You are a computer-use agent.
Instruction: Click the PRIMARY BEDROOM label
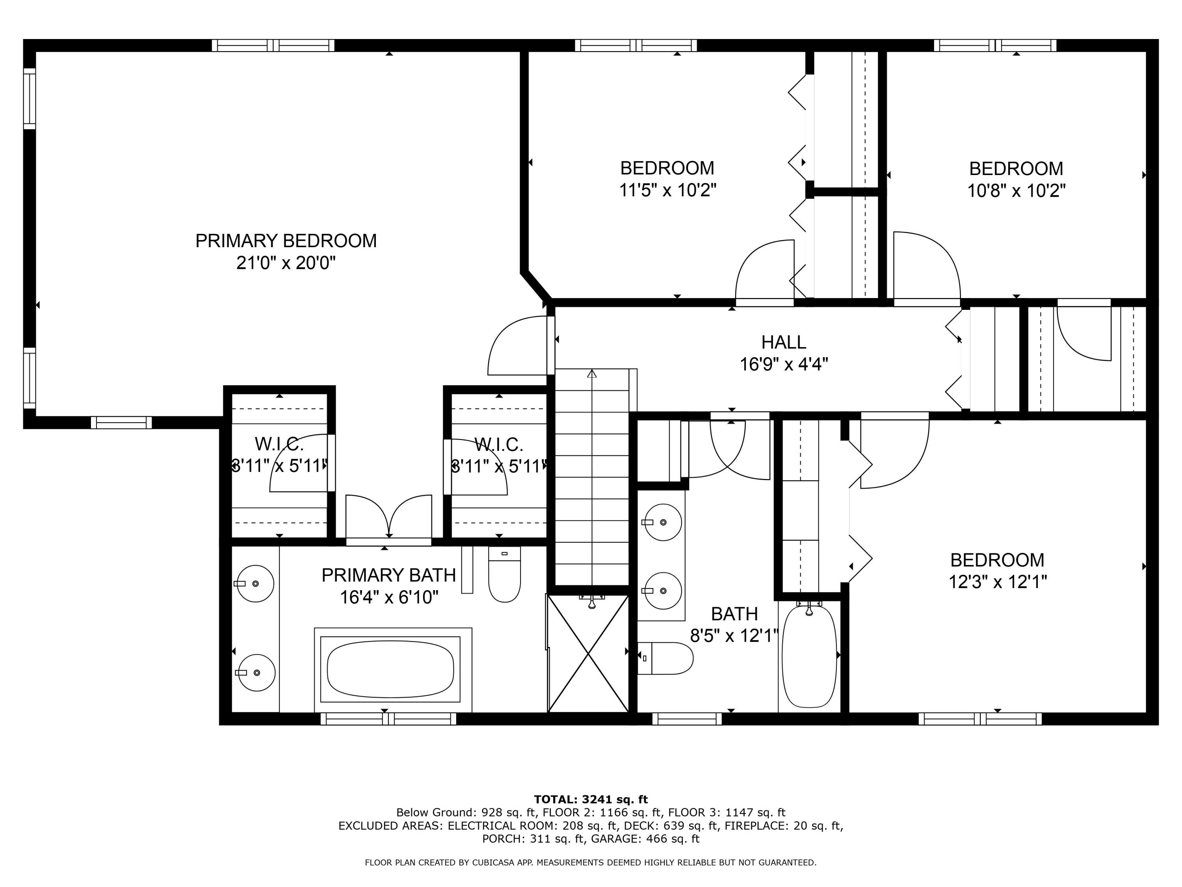(286, 241)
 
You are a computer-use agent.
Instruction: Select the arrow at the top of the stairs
(591, 374)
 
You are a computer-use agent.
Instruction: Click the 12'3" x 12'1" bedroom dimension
(997, 582)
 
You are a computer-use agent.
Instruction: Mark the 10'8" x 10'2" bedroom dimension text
(1017, 191)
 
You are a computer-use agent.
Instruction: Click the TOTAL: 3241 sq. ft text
(591, 799)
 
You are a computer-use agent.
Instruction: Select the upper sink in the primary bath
(255, 583)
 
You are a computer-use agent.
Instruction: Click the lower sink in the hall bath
(663, 591)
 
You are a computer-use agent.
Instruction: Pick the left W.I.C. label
(279, 444)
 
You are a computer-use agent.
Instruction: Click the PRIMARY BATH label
(388, 575)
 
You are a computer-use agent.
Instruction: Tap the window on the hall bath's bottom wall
(687, 719)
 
